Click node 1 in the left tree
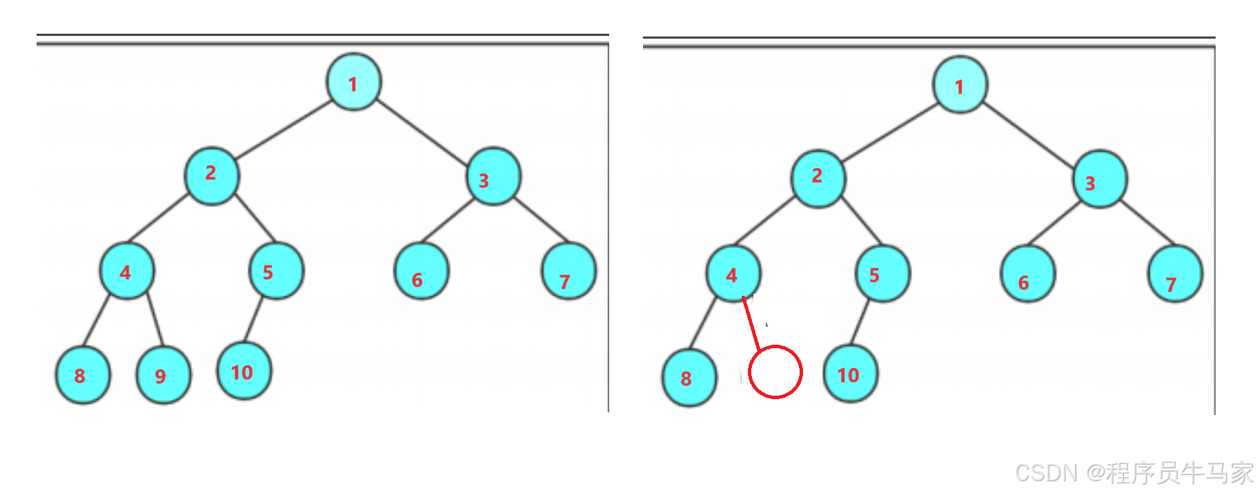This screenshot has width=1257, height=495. (353, 82)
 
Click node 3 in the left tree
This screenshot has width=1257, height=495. (493, 176)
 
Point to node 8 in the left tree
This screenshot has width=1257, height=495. (83, 375)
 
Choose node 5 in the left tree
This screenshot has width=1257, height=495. (276, 270)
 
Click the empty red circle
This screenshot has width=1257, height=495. (775, 372)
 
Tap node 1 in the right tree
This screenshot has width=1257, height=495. (960, 85)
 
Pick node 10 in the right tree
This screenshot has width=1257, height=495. (851, 374)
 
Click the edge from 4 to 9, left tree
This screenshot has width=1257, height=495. (155, 319)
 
